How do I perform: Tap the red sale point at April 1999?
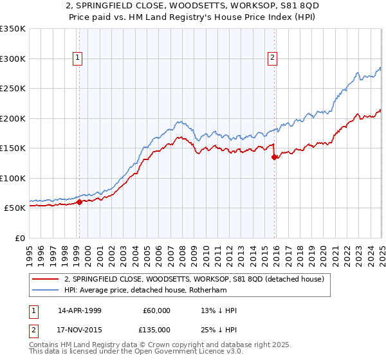(x=79, y=202)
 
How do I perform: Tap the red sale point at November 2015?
(x=275, y=157)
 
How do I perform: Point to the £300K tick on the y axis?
(x=13, y=59)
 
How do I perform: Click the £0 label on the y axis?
(x=19, y=238)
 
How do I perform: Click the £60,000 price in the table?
(x=156, y=310)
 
